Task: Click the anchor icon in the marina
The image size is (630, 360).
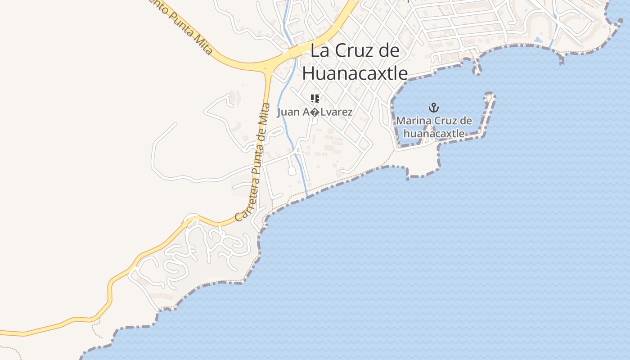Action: click(434, 108)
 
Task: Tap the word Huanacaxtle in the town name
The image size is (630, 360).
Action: click(355, 73)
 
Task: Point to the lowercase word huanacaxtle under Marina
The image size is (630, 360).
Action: click(434, 133)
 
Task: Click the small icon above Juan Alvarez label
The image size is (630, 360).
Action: click(315, 99)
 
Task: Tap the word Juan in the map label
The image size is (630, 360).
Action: click(288, 112)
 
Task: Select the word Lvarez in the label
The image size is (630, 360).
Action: click(335, 112)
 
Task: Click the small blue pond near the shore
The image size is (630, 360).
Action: click(538, 40)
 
